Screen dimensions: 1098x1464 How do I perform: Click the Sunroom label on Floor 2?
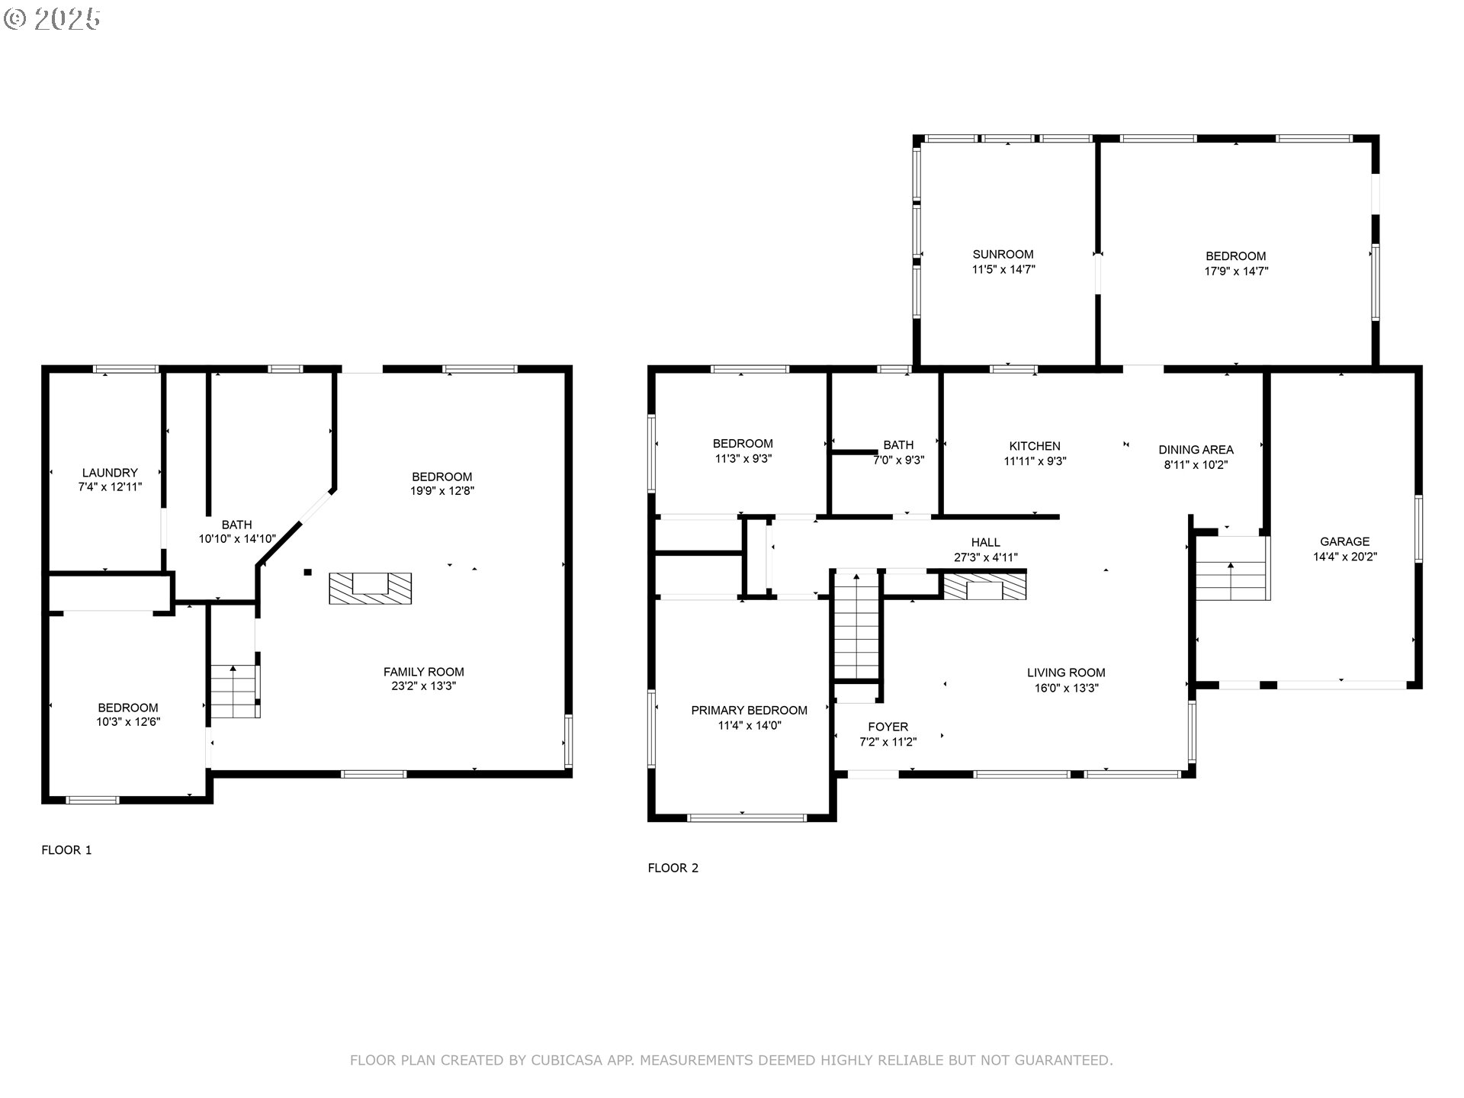point(1003,255)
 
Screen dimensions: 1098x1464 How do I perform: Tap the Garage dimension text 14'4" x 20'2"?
point(1344,557)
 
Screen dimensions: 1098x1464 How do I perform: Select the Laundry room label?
point(110,473)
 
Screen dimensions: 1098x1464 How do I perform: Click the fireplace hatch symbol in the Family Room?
point(371,588)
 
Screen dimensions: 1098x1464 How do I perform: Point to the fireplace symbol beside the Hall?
point(985,586)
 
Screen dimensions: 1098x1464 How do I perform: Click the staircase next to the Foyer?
point(857,626)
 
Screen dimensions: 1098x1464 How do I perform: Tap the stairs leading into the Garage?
point(1231,579)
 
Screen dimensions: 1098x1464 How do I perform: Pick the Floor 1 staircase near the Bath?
point(234,691)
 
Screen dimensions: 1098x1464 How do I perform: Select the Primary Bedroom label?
point(749,711)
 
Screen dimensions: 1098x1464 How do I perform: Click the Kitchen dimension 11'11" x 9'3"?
point(1035,461)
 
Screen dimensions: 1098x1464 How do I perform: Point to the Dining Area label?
point(1196,450)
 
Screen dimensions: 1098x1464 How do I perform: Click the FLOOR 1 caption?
point(66,850)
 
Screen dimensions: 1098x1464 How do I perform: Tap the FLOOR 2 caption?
point(673,868)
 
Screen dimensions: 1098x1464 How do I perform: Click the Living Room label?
point(1065,673)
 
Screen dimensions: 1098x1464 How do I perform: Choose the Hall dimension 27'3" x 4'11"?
point(985,557)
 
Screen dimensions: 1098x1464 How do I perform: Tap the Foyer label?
point(888,727)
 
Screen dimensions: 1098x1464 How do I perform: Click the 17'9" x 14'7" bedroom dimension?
point(1235,271)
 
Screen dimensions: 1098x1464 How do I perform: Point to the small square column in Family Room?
point(308,572)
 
